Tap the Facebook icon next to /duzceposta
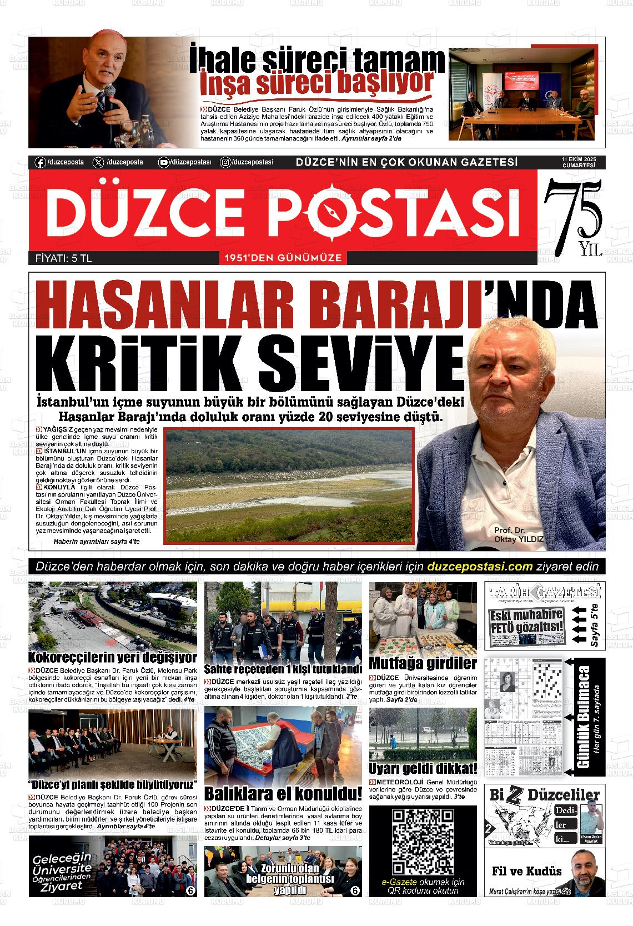[40, 162]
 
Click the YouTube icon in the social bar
[164, 162]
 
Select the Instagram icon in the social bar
[226, 162]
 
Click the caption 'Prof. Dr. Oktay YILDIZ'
[518, 535]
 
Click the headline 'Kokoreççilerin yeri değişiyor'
[112, 658]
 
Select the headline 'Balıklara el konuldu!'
[283, 793]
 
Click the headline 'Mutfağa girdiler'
[423, 663]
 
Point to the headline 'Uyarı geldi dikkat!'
[423, 769]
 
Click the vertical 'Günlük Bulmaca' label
[584, 717]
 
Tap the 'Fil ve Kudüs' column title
[526, 870]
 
